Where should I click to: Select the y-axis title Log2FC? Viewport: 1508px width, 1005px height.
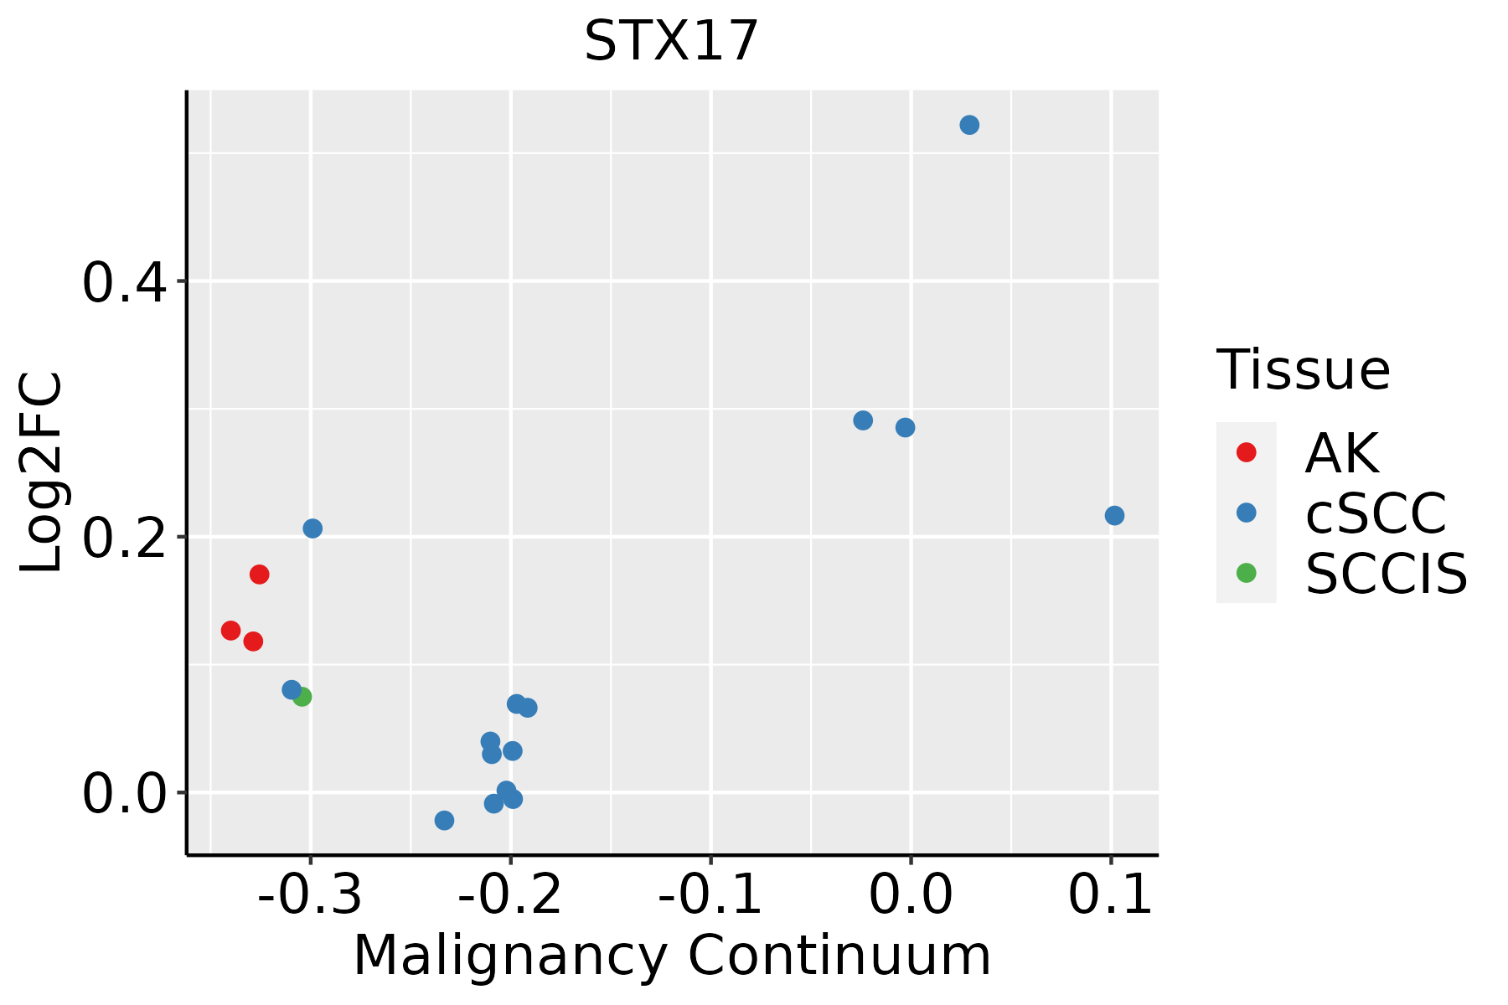click(x=42, y=472)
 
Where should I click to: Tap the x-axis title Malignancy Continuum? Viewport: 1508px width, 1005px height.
click(x=672, y=956)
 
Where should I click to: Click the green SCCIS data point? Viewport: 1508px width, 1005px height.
click(x=302, y=697)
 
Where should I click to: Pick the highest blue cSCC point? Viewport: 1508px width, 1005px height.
click(x=969, y=126)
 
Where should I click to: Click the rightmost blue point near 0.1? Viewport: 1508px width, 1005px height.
click(x=1114, y=516)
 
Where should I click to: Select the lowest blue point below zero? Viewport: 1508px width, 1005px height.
click(x=445, y=821)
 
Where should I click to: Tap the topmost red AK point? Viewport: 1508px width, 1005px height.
click(x=260, y=575)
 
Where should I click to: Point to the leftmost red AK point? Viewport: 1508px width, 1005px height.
click(x=231, y=631)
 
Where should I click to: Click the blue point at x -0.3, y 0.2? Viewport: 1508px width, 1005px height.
click(x=312, y=528)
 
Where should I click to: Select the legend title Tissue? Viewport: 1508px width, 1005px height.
click(x=1303, y=369)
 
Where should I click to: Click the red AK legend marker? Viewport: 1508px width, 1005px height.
click(x=1247, y=452)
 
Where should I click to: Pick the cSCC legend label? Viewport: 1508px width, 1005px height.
click(x=1376, y=513)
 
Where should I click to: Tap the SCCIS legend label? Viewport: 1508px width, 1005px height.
click(x=1387, y=574)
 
